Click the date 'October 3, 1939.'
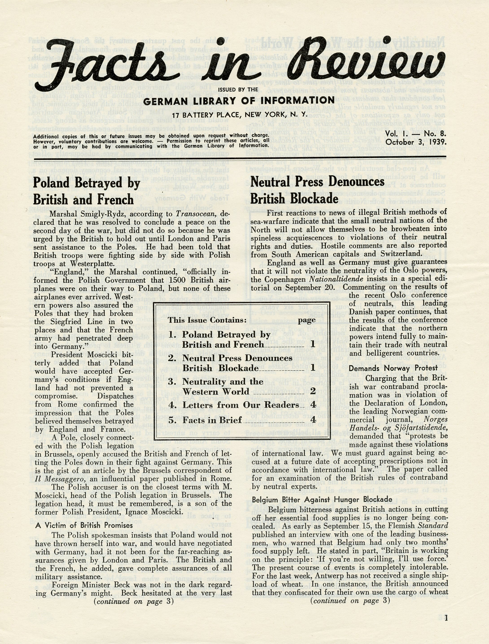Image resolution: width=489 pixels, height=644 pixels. (416, 142)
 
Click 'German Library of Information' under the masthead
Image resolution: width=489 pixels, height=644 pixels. (239, 101)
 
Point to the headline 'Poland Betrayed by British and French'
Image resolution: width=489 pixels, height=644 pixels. (87, 191)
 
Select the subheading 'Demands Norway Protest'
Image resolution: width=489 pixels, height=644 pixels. (393, 368)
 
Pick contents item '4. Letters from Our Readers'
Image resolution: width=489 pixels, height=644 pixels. (234, 405)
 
